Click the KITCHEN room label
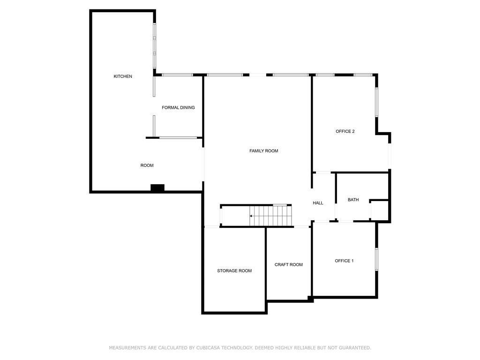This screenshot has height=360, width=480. [x=123, y=76]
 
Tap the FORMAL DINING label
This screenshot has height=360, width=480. [x=178, y=108]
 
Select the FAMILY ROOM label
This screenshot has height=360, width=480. [x=263, y=151]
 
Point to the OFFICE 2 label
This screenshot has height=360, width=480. [x=345, y=131]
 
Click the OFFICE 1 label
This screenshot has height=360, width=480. [x=344, y=261]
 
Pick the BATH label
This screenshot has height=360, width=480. [x=353, y=200]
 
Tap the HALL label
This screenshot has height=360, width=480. [x=318, y=203]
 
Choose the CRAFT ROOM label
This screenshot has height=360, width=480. [x=288, y=265]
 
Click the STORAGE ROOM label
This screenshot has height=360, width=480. [x=234, y=271]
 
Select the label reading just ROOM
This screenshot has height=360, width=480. [x=147, y=165]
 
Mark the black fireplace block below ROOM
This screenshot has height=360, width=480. [x=157, y=188]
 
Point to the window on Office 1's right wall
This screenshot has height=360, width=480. [x=376, y=259]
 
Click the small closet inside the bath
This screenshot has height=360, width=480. [x=380, y=210]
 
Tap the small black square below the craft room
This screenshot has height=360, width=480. [x=310, y=298]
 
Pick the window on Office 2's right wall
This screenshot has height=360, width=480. [x=376, y=102]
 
